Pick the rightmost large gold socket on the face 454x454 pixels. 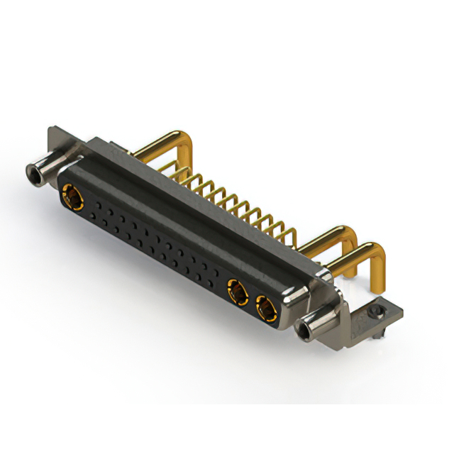[266, 309]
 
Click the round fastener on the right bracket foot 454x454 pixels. [377, 310]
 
